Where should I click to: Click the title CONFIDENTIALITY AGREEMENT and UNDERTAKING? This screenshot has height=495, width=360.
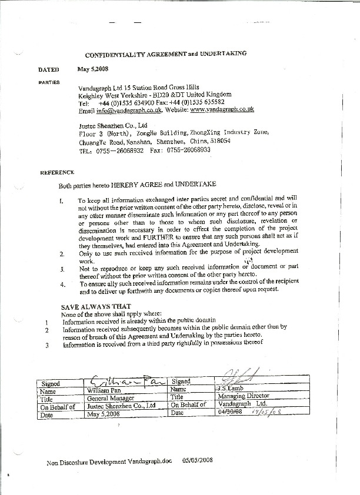(165, 53)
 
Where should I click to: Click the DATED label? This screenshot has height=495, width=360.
(49, 69)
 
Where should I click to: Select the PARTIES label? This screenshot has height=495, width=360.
(49, 82)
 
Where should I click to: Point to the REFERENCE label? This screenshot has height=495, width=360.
(57, 173)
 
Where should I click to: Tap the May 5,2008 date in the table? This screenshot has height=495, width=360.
(103, 414)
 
